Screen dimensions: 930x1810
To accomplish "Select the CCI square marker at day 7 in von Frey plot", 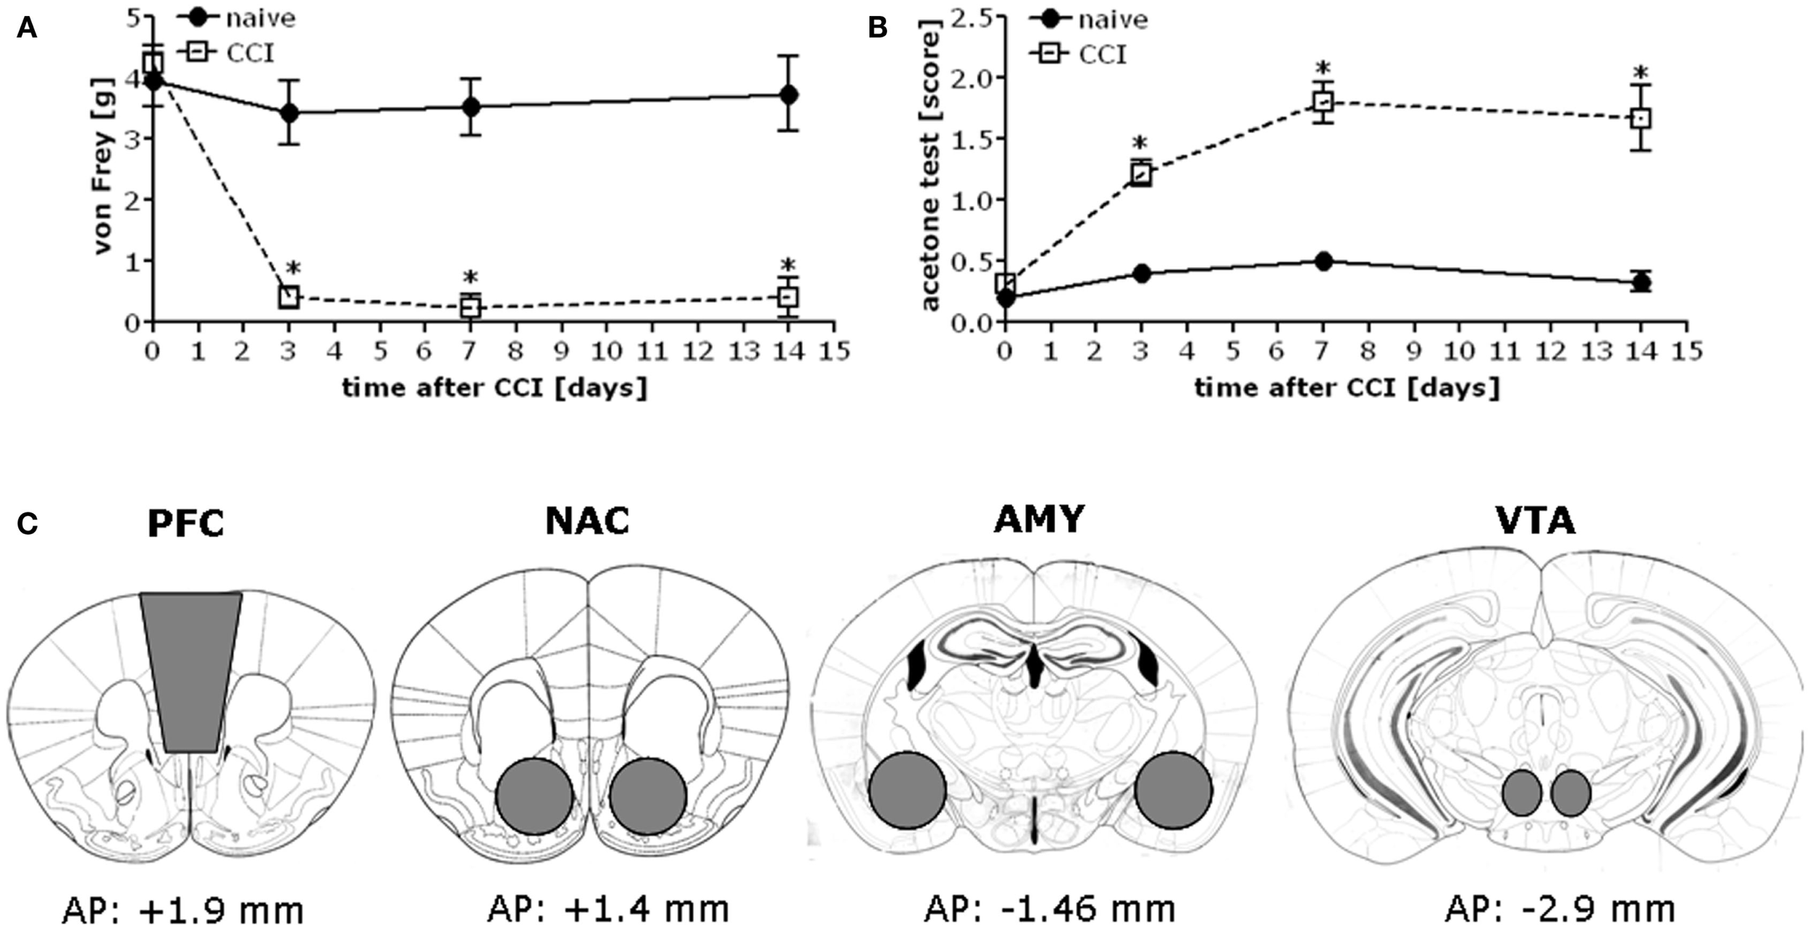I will coord(471,307).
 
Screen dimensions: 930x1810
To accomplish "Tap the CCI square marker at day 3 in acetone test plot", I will coord(1141,174).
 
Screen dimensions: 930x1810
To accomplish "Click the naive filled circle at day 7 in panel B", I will coord(1323,261).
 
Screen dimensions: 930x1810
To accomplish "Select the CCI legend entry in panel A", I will coord(227,53).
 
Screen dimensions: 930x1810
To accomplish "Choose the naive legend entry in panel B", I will coord(1090,19).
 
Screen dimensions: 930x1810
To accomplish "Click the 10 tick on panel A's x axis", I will coord(606,352).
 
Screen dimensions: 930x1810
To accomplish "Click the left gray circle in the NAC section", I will coord(534,796).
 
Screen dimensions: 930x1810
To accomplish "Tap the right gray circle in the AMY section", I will coord(1173,790).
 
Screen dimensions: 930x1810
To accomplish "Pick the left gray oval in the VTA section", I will coord(1521,793).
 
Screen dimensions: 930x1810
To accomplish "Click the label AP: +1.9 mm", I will coord(182,910).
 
